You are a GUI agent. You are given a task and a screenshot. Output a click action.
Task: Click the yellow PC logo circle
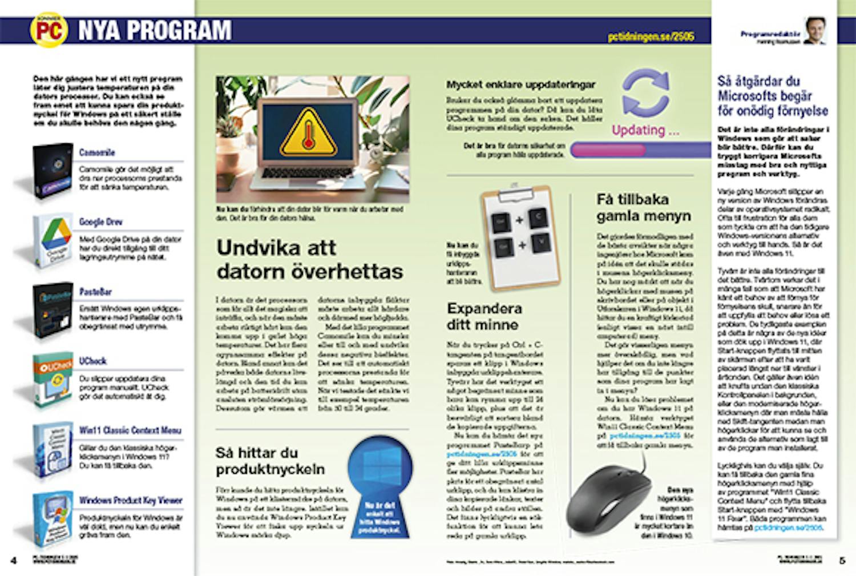pos(49,30)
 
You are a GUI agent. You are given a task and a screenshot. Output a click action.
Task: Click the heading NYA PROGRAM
pos(155,30)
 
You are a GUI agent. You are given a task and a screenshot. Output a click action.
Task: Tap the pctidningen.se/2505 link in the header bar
pos(651,37)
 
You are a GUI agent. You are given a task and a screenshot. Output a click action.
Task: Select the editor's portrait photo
pos(815,31)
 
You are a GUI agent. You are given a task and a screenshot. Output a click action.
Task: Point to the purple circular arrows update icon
pos(645,93)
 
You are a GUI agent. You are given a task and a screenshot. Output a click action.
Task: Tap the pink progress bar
pos(608,150)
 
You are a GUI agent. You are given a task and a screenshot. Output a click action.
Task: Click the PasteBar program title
pos(95,292)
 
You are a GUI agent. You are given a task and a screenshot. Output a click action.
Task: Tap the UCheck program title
pos(92,361)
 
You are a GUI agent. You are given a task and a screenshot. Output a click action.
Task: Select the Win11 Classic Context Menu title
pos(131,430)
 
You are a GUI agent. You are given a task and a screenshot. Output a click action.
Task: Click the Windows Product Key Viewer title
pos(131,501)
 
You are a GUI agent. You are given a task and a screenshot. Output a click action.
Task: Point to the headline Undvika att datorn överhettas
pos(309,260)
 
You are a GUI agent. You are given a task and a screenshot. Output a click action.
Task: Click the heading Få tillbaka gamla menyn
pos(644,208)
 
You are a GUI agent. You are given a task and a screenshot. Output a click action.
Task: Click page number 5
pos(842,561)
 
